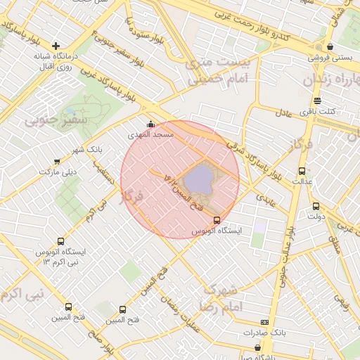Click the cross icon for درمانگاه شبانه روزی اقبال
[x=56, y=46]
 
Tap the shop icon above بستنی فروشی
[x=330, y=47]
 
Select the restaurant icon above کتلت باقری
[x=317, y=101]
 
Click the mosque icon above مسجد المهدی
[x=150, y=124]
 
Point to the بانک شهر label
[x=86, y=150]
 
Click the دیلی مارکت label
[x=57, y=171]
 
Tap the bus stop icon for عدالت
[x=302, y=171]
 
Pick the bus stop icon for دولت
[x=315, y=207]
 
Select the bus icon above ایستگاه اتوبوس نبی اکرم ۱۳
[x=60, y=241]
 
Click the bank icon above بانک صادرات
[x=264, y=321]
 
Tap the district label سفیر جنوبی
[x=56, y=120]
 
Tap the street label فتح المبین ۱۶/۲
[x=181, y=189]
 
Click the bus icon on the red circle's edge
[x=217, y=220]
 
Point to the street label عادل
[x=283, y=112]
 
